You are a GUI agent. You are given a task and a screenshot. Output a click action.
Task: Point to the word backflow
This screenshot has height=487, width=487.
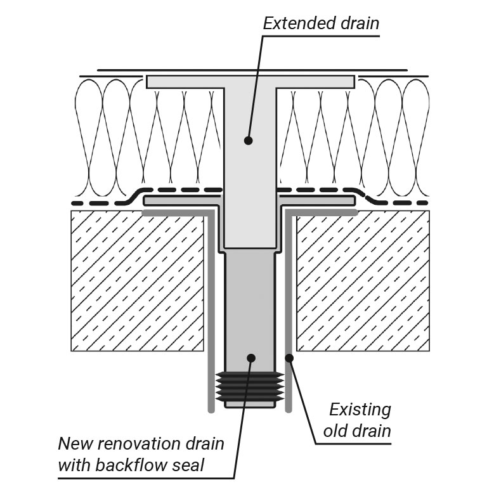coord(132,465)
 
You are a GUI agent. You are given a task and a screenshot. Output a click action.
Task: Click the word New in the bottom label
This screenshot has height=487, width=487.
coord(75,443)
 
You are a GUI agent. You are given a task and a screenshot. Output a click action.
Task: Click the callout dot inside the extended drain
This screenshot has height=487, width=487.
coord(249,140)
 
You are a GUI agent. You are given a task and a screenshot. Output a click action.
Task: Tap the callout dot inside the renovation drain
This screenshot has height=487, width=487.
coord(251,358)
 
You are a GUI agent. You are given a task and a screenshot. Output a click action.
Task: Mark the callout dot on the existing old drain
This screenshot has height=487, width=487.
coord(289,359)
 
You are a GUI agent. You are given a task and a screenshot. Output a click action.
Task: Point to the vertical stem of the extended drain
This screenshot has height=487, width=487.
coord(250,190)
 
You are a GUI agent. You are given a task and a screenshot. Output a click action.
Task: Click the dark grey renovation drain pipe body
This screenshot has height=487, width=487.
coord(250,304)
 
